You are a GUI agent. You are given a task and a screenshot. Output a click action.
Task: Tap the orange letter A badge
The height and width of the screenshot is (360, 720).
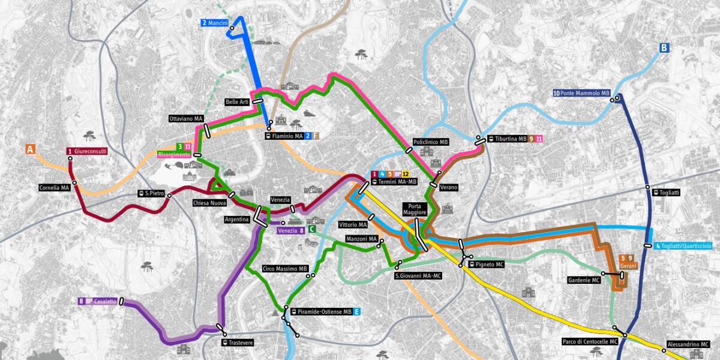(x=29, y=149)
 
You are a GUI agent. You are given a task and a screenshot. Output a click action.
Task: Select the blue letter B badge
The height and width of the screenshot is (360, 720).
(x=664, y=48)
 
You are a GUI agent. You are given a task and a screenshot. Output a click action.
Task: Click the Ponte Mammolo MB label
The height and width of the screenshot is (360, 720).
(x=581, y=94)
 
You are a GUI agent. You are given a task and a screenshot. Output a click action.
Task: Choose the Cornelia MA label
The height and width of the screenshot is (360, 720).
(x=55, y=187)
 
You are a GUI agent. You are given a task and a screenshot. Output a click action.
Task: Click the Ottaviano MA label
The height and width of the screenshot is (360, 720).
(x=186, y=119)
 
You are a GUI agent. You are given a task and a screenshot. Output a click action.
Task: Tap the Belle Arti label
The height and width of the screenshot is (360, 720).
(x=237, y=102)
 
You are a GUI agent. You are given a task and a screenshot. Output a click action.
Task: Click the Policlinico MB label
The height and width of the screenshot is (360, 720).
(x=431, y=142)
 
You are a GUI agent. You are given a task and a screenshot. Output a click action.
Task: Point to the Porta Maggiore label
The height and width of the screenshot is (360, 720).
(x=415, y=209)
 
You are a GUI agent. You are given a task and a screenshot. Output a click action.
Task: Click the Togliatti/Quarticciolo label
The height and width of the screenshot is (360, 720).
(x=684, y=246)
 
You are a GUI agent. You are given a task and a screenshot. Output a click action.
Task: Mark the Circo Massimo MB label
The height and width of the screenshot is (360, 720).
(x=285, y=269)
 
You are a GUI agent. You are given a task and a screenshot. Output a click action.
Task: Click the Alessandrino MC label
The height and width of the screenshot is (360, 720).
(x=687, y=345)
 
